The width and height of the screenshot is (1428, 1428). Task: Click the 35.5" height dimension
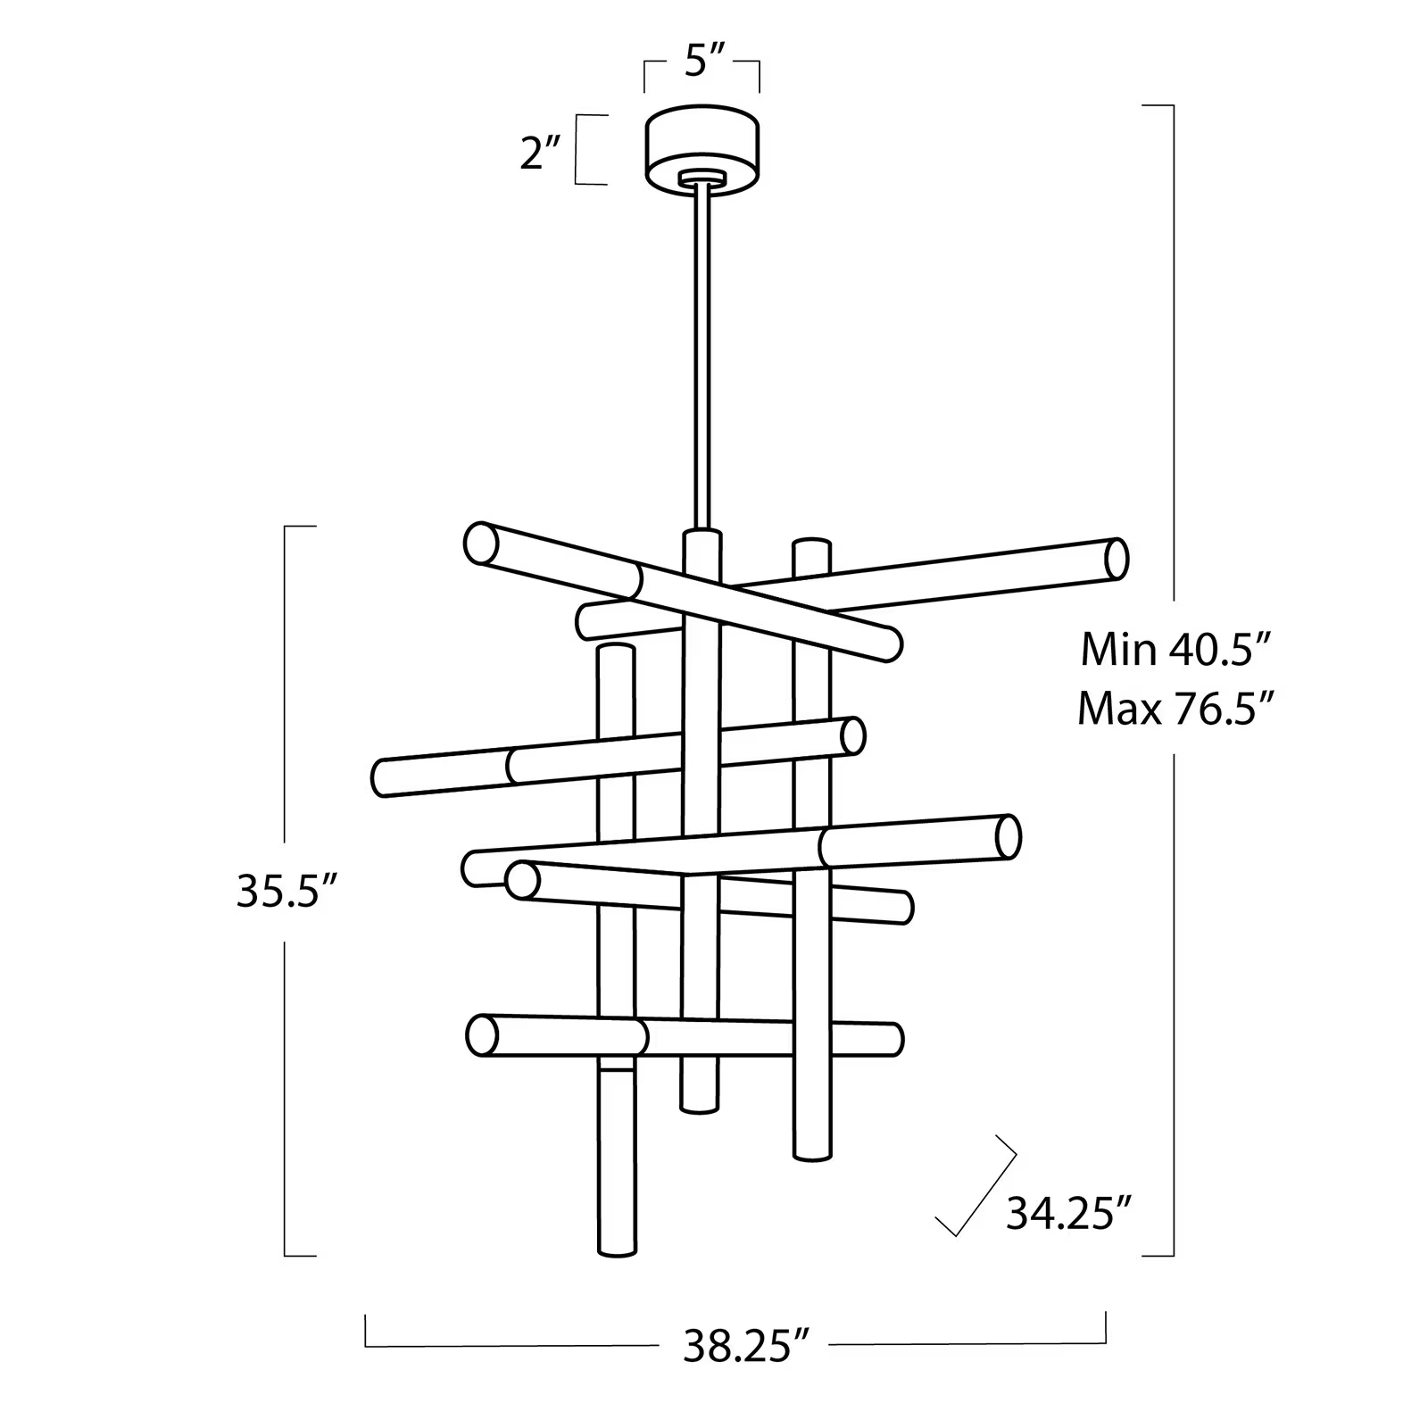pos(286,891)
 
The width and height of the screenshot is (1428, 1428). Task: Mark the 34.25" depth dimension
pos(1068,1214)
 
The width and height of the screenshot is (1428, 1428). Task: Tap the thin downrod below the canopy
pos(701,357)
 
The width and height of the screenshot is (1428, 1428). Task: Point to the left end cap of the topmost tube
pos(481,544)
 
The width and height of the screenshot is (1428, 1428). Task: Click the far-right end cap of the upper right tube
pos(1117,560)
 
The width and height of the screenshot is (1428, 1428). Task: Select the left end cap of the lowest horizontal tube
pos(482,1035)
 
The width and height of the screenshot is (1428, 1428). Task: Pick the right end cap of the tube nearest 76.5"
pos(1008,837)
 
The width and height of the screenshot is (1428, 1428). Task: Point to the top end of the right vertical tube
pos(811,544)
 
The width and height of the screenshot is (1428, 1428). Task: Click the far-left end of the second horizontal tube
pos(380,777)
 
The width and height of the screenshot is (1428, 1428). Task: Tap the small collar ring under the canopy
pos(702,178)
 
